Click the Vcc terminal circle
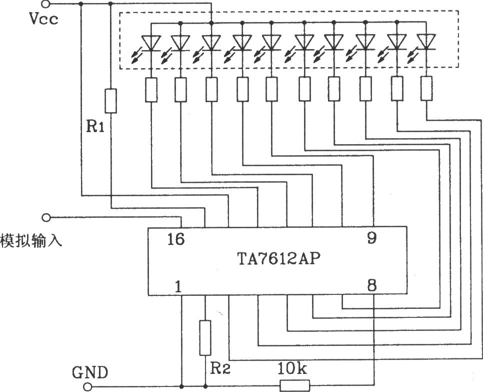click(46, 4)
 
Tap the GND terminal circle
click(88, 386)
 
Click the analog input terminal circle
click(46, 217)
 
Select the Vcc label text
click(43, 19)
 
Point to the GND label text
click(90, 372)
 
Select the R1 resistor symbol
click(111, 101)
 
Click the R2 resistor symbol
click(205, 338)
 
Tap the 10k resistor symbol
click(295, 385)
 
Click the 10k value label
click(292, 368)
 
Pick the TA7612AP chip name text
click(279, 259)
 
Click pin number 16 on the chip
click(176, 239)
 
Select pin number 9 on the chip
click(372, 238)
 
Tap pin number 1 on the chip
click(178, 286)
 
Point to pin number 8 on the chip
click(372, 285)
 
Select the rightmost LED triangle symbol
click(426, 42)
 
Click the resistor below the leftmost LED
click(151, 90)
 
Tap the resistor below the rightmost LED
click(426, 88)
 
